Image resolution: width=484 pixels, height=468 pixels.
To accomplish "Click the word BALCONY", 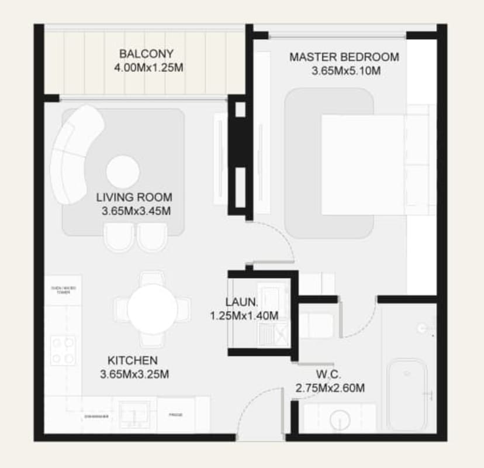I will coord(146,54).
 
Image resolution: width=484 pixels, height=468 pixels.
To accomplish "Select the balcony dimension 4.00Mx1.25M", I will coord(149,68).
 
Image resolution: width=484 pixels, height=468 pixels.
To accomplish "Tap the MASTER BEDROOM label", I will coord(344,57).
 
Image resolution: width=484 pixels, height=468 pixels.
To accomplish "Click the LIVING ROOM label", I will coord(134,197).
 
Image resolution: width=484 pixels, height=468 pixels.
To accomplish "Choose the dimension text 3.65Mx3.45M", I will coord(136,211).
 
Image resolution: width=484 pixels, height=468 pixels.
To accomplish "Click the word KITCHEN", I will coord(132,360).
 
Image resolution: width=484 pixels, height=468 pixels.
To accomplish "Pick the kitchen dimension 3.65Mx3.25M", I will coord(134,374).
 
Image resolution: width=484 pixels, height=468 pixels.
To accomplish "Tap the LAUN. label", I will coord(241,302).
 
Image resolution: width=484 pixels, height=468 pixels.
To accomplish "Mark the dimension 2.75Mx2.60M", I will coord(330,388).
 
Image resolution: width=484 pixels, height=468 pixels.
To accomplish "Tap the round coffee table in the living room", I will coord(123,172).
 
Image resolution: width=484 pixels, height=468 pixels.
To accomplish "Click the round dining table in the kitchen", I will coord(152,308).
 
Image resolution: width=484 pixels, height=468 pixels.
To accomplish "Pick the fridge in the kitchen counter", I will coord(175,415).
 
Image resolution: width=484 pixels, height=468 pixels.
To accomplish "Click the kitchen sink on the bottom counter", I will coord(134,413).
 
